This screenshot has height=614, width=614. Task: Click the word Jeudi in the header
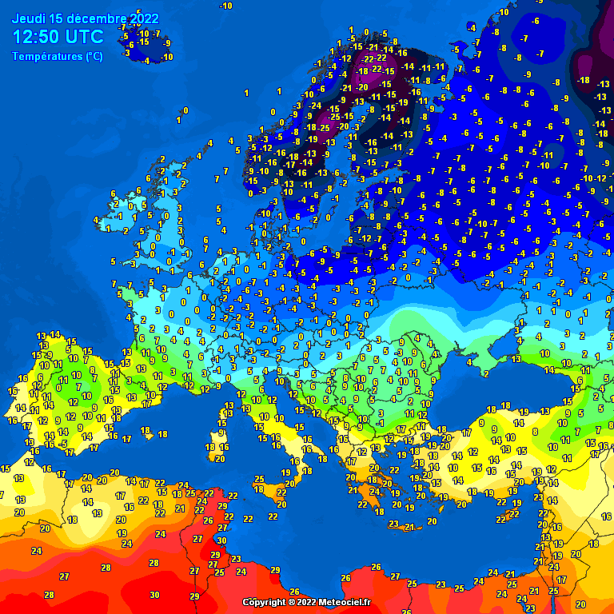click(x=28, y=18)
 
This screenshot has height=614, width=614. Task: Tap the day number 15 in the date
click(x=56, y=18)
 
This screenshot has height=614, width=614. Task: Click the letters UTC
click(x=84, y=37)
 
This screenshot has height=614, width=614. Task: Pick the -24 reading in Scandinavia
click(x=317, y=106)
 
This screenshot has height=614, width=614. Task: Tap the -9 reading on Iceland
click(x=167, y=43)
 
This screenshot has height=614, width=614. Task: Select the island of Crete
click(x=404, y=525)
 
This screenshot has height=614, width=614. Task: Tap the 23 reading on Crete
click(x=393, y=524)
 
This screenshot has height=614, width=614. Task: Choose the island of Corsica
click(x=225, y=413)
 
